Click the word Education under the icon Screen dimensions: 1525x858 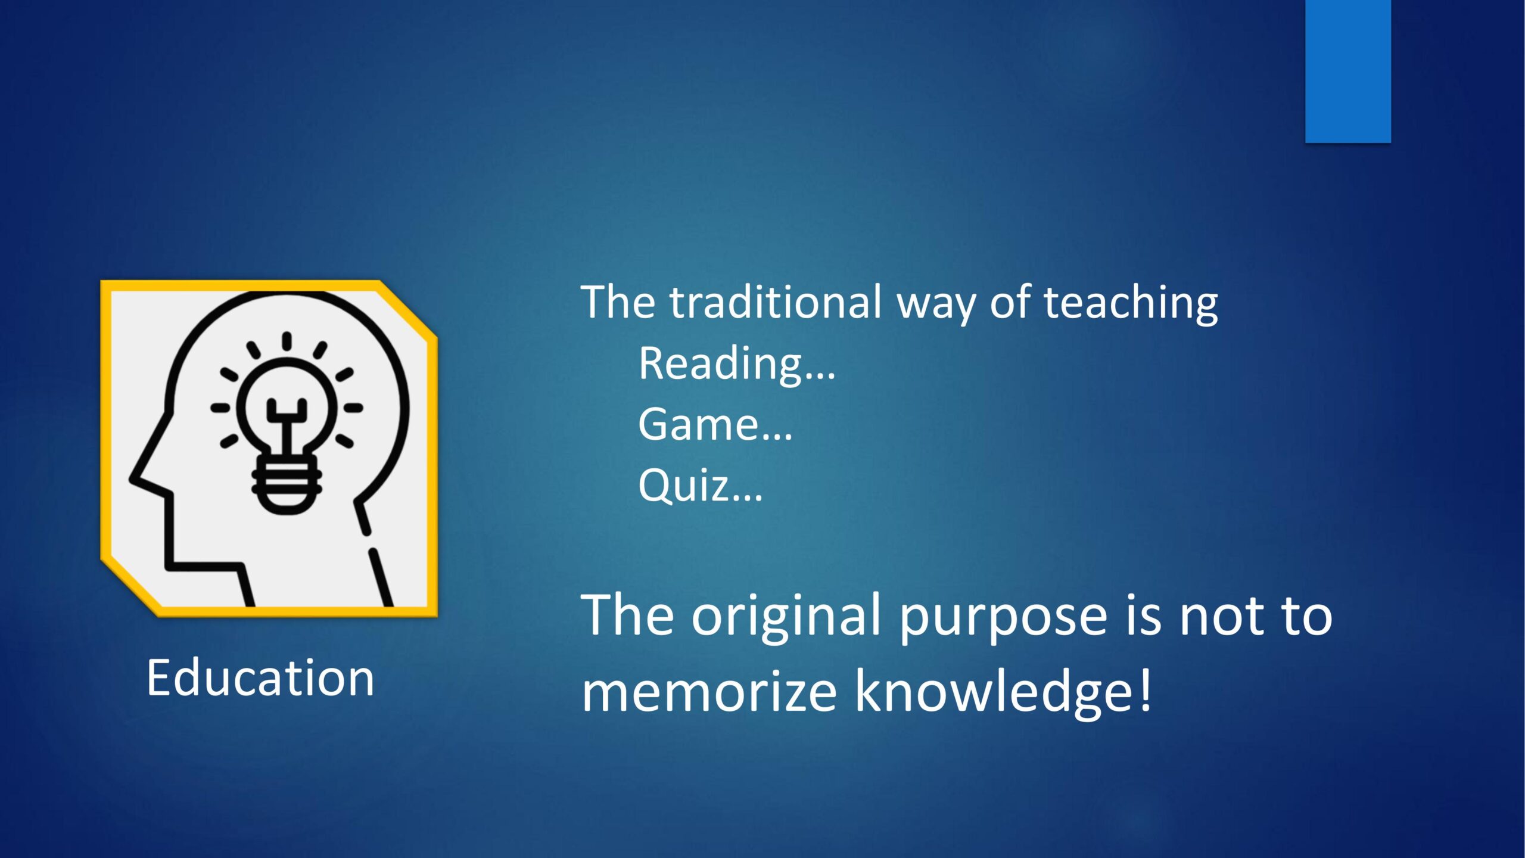coord(260,677)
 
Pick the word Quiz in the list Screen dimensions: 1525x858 coord(684,486)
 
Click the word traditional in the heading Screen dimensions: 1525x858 coord(776,302)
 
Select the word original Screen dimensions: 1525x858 coord(786,617)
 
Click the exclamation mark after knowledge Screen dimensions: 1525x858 coord(1146,686)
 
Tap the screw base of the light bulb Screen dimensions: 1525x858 coord(287,488)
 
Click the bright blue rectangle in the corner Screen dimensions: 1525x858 coord(1348,71)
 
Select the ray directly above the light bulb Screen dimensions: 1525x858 coord(287,342)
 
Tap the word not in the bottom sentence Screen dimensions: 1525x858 coord(1221,618)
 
